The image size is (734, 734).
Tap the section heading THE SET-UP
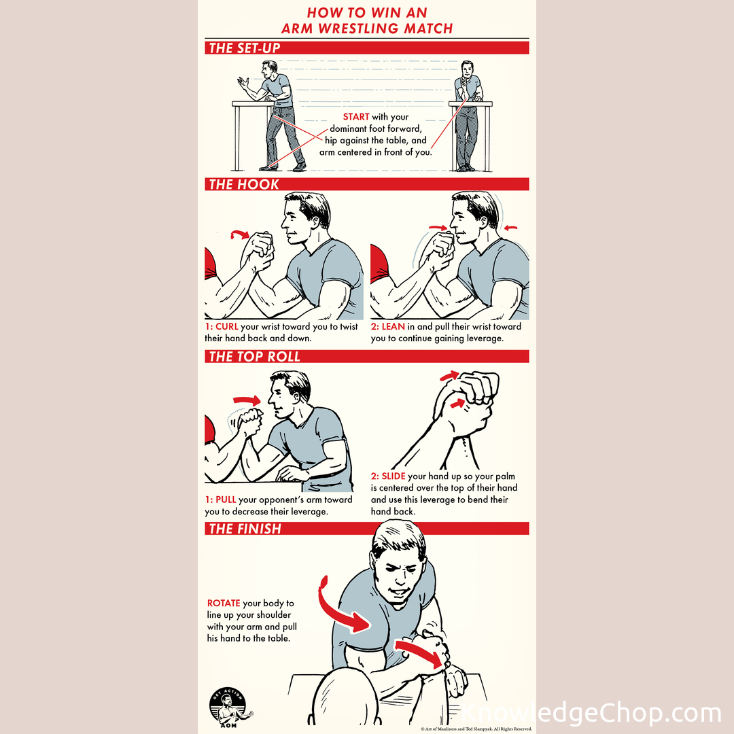(x=245, y=48)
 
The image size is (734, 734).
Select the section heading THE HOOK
(x=244, y=184)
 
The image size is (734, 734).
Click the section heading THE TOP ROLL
(x=254, y=357)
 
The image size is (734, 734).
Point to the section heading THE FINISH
(x=245, y=529)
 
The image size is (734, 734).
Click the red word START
(x=356, y=117)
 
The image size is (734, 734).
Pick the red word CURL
(x=227, y=327)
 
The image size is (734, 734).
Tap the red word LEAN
(x=394, y=327)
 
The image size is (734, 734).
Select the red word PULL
(x=226, y=500)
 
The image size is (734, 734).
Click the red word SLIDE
(x=394, y=476)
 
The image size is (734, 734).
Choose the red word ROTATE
(x=224, y=603)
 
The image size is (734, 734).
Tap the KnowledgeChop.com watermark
(x=591, y=714)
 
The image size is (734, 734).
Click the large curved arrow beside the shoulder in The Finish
(x=334, y=611)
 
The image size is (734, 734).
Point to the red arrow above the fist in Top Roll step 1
(x=247, y=400)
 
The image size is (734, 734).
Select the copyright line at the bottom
(x=476, y=729)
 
